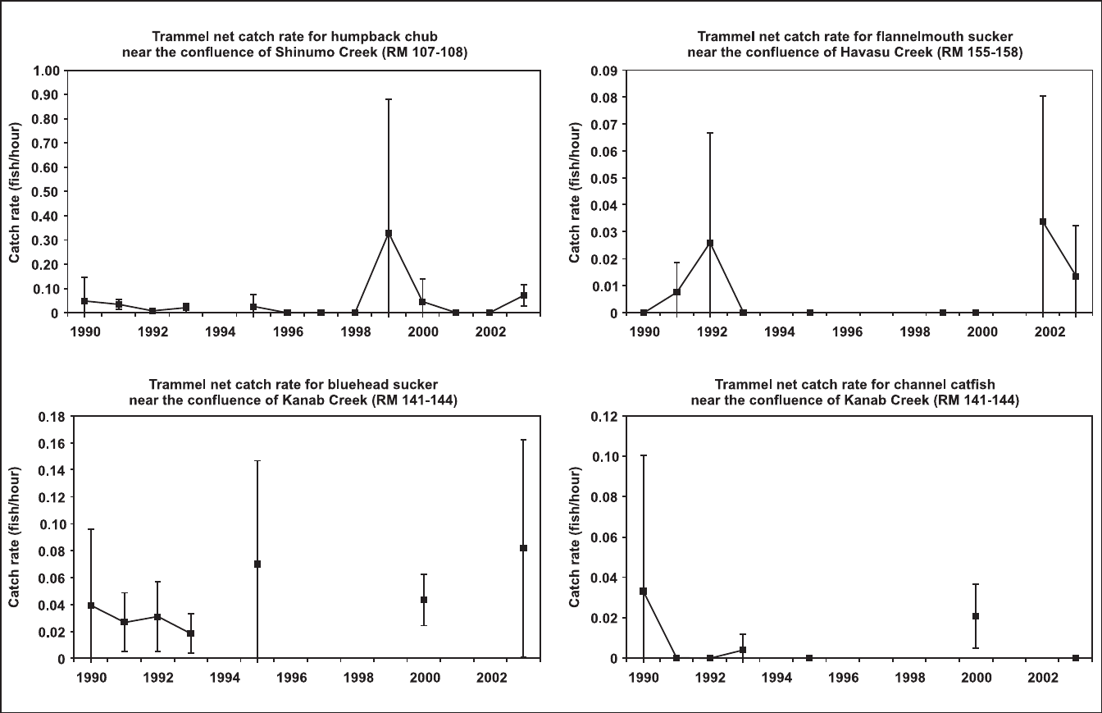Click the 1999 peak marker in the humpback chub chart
389,233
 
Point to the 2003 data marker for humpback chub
523,295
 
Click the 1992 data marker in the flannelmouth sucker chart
710,243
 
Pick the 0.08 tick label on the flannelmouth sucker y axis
603,97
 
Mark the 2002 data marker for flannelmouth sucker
1043,222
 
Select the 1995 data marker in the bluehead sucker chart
257,564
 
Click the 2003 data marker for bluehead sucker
523,548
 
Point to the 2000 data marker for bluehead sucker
423,600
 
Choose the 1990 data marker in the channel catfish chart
644,592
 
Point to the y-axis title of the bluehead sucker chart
15,537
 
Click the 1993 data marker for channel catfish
743,650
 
